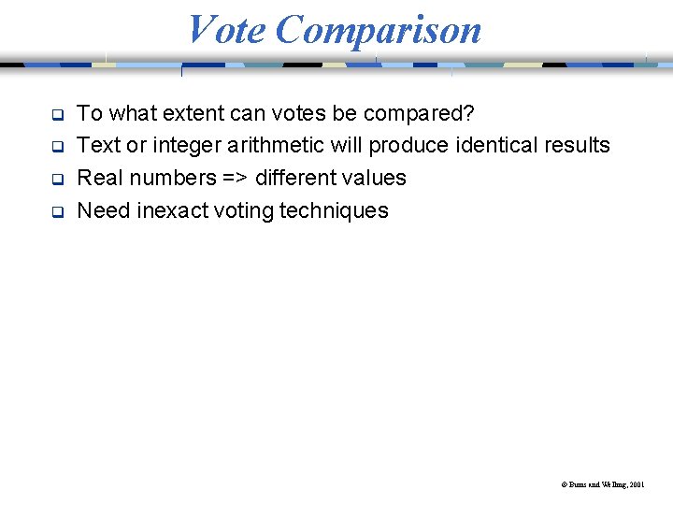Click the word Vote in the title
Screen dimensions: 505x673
(x=227, y=29)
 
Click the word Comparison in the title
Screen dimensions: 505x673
(x=379, y=31)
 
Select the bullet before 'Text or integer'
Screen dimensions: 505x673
(x=56, y=148)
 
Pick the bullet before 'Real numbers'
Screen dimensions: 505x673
(x=56, y=180)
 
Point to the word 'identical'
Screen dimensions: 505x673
(x=499, y=145)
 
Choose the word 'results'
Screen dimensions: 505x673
(x=579, y=145)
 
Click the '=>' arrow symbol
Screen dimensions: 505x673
(x=236, y=178)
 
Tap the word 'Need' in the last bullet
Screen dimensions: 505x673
(x=103, y=209)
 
